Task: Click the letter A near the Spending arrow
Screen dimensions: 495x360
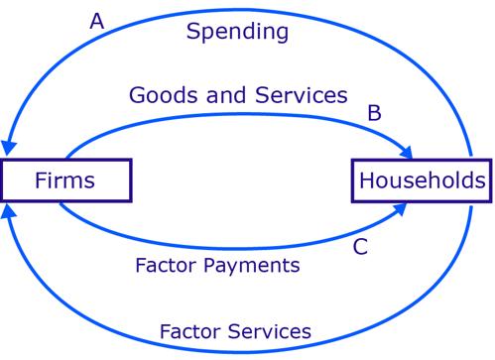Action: click(x=97, y=22)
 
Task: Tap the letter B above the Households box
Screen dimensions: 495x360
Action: click(x=374, y=113)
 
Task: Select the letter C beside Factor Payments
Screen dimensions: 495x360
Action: click(x=360, y=247)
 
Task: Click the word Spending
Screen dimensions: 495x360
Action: click(x=237, y=32)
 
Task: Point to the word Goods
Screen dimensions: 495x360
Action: click(x=164, y=95)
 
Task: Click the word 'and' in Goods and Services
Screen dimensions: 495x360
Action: click(x=226, y=95)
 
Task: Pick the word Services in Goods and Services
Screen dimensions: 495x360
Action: click(x=301, y=95)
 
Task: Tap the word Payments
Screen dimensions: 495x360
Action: click(x=252, y=266)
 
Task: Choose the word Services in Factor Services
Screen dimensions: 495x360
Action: click(x=269, y=331)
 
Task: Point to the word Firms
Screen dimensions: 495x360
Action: click(x=64, y=180)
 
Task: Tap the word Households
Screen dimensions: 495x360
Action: click(x=423, y=180)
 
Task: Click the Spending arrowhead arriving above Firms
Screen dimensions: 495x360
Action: click(x=9, y=148)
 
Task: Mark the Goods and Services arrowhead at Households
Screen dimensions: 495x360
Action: click(x=406, y=153)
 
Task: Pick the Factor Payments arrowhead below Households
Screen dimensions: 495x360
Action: click(x=400, y=209)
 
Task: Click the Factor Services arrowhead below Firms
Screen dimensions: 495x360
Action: click(x=8, y=211)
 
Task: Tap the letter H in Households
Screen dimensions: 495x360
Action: click(x=366, y=180)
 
